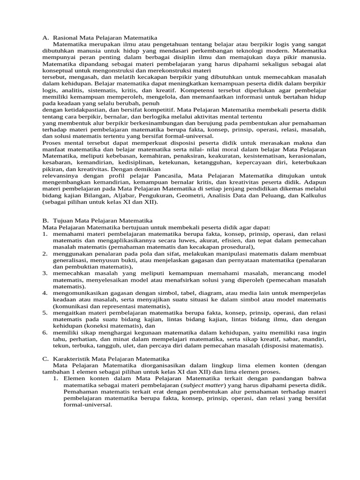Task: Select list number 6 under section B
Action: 45,332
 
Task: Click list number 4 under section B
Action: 45,293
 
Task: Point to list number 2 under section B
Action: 45,254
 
